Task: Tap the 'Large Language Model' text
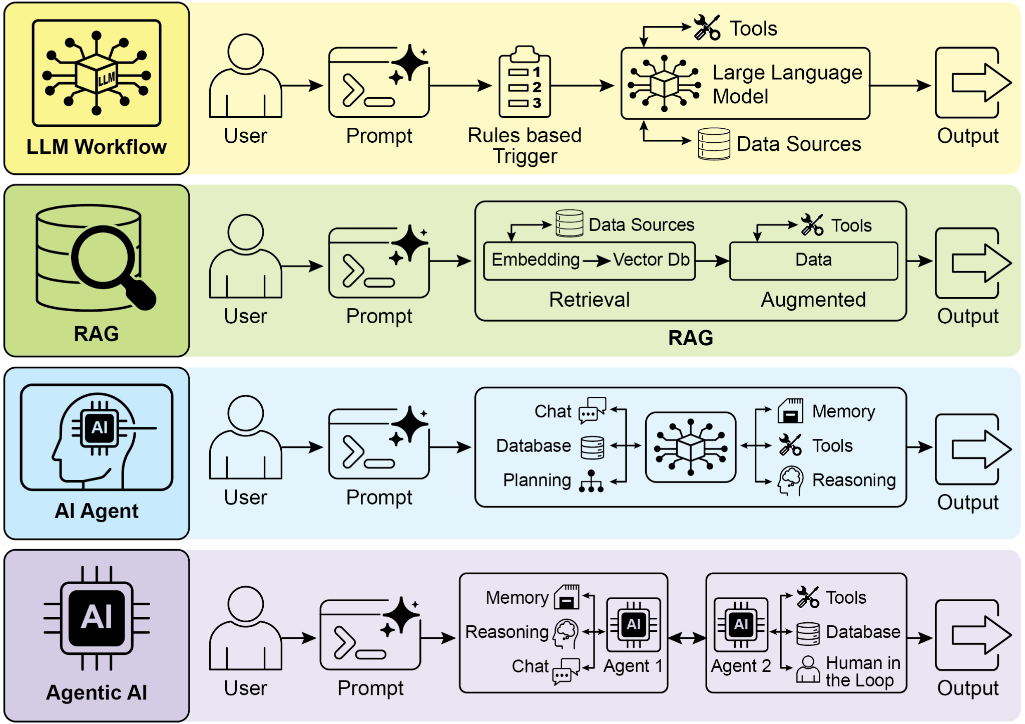pos(786,84)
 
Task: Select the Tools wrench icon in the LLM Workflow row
pos(707,27)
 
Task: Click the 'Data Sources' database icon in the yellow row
pos(714,144)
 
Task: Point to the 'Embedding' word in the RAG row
pos(535,260)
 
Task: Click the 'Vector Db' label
pos(651,260)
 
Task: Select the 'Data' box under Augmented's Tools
pos(813,260)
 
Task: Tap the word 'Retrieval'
pos(589,300)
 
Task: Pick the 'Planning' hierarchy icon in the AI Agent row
pos(591,481)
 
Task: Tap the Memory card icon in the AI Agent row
pos(790,411)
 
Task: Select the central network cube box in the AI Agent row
pos(690,447)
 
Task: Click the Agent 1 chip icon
pos(633,625)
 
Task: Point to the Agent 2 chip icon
pos(741,625)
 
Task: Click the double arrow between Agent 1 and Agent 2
pos(687,638)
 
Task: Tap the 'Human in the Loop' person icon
pos(808,669)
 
